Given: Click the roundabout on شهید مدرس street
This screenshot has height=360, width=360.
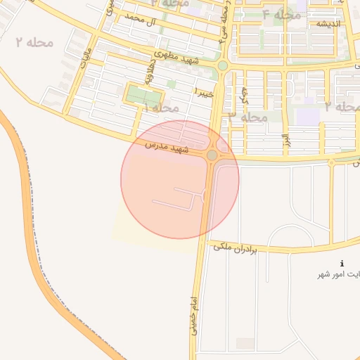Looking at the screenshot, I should (212, 155).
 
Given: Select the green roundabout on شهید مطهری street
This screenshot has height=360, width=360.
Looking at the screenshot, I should (222, 66).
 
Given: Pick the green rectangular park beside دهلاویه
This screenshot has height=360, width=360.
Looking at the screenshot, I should (144, 96).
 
